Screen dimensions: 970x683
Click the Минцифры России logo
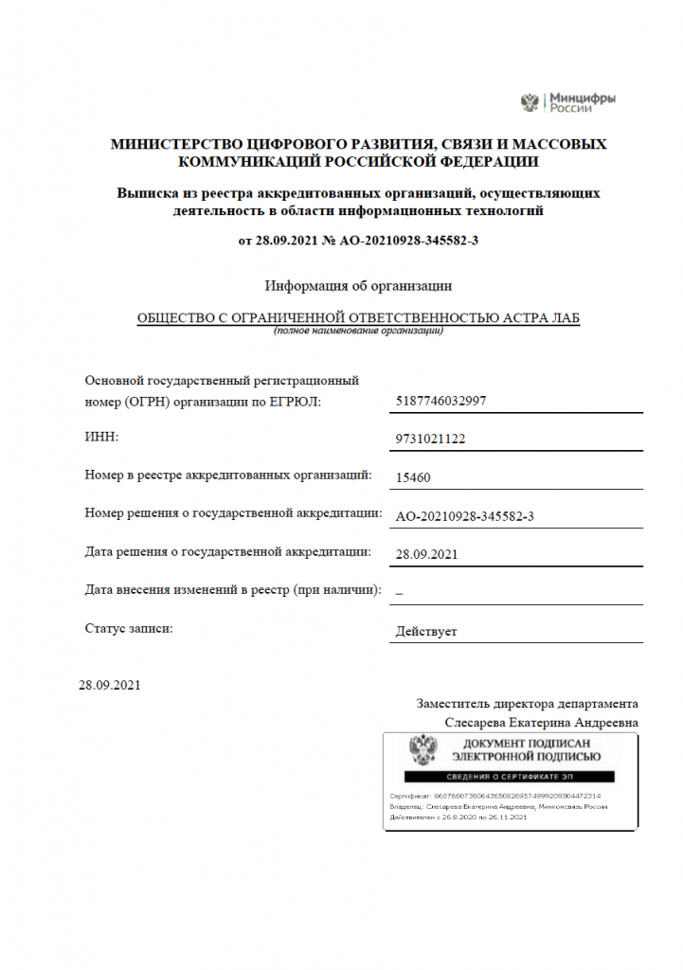tap(568, 102)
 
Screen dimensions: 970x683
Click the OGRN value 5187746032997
tap(441, 402)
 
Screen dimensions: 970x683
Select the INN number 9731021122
tap(430, 440)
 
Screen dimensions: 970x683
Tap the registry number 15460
tap(413, 477)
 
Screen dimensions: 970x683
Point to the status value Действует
tap(426, 631)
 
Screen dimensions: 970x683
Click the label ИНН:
tap(102, 436)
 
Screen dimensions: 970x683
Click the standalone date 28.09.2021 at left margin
tap(110, 685)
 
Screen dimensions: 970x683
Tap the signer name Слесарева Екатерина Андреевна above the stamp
tap(541, 722)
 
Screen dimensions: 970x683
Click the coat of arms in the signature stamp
tap(422, 751)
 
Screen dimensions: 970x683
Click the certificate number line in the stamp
tap(494, 796)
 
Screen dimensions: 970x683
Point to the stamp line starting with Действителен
tap(458, 817)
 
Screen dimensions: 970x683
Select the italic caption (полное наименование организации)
tap(358, 332)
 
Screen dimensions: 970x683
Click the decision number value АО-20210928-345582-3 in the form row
tap(464, 515)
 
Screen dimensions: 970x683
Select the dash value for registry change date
tap(399, 592)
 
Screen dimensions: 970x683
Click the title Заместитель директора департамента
tap(527, 704)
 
